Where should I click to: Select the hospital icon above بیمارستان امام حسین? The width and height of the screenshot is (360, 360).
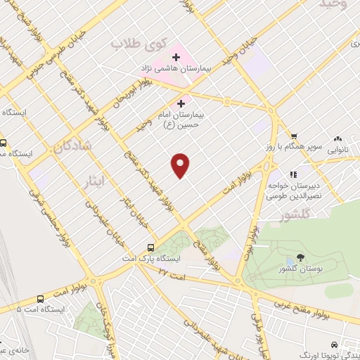coord(181,103)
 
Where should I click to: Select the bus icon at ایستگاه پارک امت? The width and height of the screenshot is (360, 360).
coord(150,247)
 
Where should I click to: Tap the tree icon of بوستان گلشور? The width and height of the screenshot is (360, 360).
coord(300,257)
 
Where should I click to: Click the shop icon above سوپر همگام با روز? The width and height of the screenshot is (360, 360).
coord(295,137)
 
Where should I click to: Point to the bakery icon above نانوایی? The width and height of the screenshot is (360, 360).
coord(338,139)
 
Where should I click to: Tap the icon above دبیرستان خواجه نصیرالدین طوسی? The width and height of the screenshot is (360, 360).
coord(293,174)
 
